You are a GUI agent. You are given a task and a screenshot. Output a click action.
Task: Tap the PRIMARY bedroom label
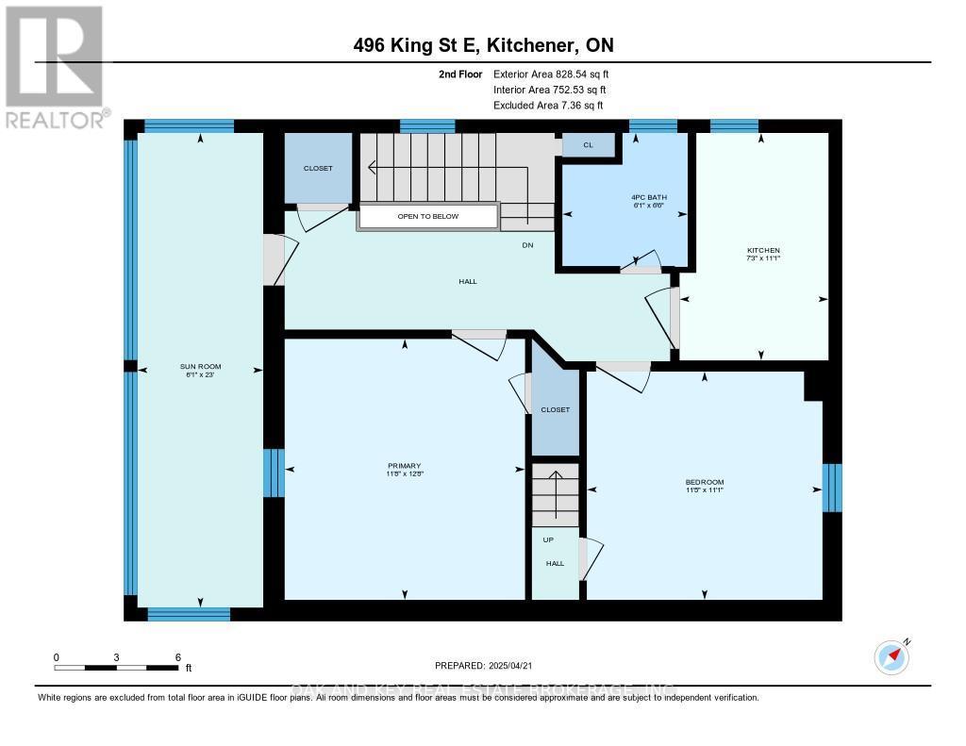tap(405, 465)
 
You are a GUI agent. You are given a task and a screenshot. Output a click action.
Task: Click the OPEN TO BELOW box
tap(427, 217)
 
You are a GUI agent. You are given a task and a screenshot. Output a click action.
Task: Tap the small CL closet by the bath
tap(588, 145)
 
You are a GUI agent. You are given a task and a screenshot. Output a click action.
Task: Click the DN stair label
tap(528, 245)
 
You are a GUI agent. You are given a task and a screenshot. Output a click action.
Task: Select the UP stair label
tap(548, 539)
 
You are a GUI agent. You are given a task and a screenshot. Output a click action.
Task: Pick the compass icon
tap(891, 656)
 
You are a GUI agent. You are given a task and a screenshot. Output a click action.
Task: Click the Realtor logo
tap(54, 66)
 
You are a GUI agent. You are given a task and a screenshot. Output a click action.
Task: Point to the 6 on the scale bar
tap(177, 656)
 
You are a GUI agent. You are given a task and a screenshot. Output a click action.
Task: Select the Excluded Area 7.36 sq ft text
tap(548, 106)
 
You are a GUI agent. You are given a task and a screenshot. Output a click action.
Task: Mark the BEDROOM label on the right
tap(704, 483)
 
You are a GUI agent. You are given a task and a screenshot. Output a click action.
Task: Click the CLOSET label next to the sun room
tap(317, 169)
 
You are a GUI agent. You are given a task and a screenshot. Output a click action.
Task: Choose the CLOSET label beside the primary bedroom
tap(555, 410)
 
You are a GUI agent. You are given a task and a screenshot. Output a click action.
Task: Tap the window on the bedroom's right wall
tap(831, 487)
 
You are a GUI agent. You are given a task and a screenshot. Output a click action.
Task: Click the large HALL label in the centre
tap(468, 281)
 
